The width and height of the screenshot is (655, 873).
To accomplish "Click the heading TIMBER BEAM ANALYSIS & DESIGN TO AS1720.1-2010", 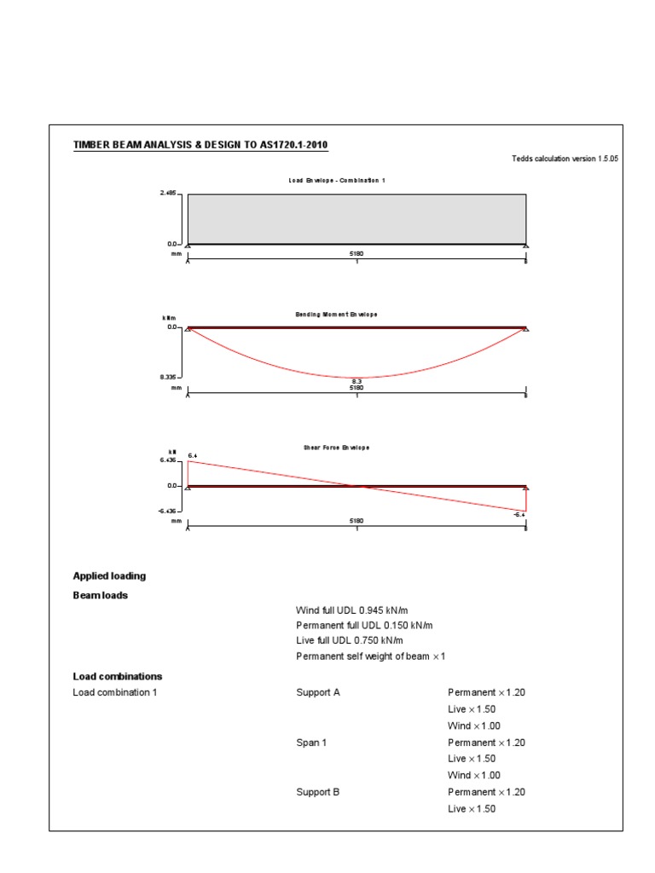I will (200, 145).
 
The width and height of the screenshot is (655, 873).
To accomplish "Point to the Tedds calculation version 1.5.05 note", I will (564, 159).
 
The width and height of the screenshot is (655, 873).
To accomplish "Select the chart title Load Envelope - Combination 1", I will (337, 181).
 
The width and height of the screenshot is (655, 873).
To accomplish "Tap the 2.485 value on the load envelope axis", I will (167, 194).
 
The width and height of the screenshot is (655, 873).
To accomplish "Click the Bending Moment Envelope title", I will (336, 315).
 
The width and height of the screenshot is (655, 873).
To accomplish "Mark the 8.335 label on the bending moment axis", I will (167, 376).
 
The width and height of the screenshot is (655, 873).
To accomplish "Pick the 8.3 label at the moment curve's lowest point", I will (356, 381).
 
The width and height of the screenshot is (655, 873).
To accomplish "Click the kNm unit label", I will (168, 318).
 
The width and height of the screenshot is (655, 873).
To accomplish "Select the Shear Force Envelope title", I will (336, 448).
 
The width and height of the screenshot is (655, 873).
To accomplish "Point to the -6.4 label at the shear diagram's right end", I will (519, 515).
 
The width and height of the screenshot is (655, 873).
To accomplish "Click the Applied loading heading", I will (109, 576).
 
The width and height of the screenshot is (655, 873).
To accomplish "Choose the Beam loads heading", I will (101, 596).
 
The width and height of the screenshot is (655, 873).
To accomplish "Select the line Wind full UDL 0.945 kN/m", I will (351, 610).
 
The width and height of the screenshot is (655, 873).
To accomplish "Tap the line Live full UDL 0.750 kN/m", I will (349, 641).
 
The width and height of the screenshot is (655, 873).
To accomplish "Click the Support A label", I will (317, 693).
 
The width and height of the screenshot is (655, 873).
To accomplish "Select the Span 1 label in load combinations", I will (310, 743).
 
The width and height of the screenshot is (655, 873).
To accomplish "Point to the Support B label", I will (317, 792).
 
